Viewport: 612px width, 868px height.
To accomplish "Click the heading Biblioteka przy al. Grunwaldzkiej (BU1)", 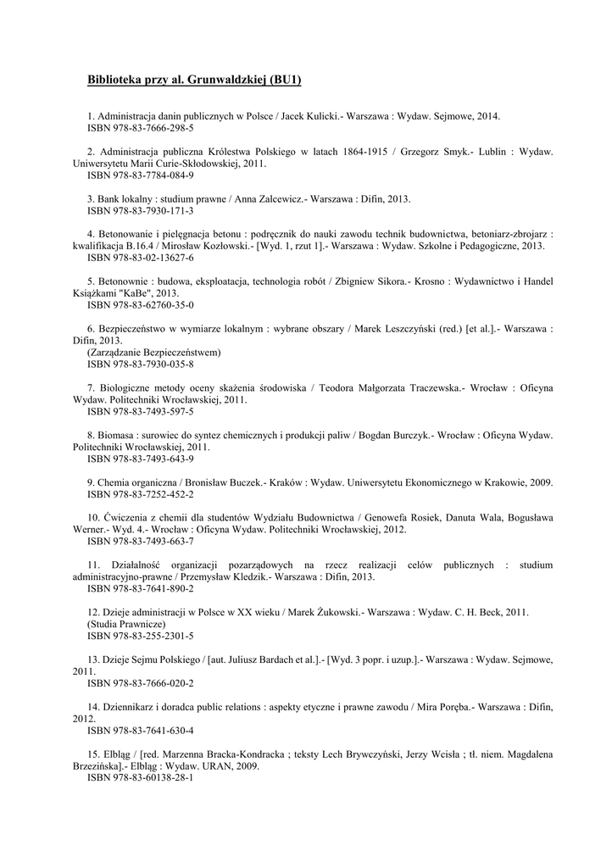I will (x=194, y=81).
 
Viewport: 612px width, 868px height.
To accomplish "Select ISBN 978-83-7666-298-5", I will (x=141, y=128).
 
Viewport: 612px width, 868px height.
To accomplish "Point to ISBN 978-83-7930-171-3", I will (x=141, y=211).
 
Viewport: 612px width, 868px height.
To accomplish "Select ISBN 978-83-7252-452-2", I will (x=141, y=494).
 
